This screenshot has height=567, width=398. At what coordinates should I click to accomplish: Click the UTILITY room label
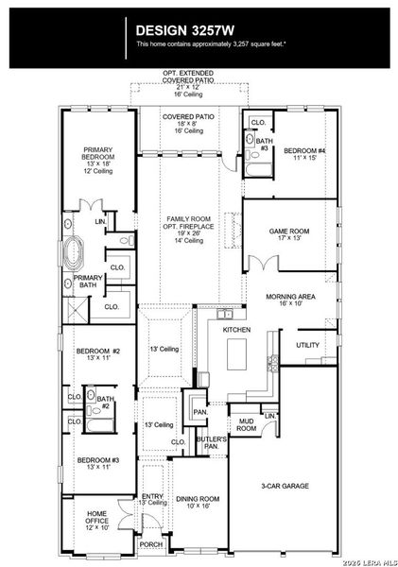click(x=307, y=346)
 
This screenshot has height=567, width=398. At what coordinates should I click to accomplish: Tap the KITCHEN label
click(x=236, y=330)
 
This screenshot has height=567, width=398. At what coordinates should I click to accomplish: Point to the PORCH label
click(x=151, y=544)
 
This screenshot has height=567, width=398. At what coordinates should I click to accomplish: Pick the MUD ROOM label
click(x=246, y=425)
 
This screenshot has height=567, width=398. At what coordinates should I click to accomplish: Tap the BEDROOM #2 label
click(x=97, y=355)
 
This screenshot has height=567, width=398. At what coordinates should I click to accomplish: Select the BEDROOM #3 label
click(x=97, y=463)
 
